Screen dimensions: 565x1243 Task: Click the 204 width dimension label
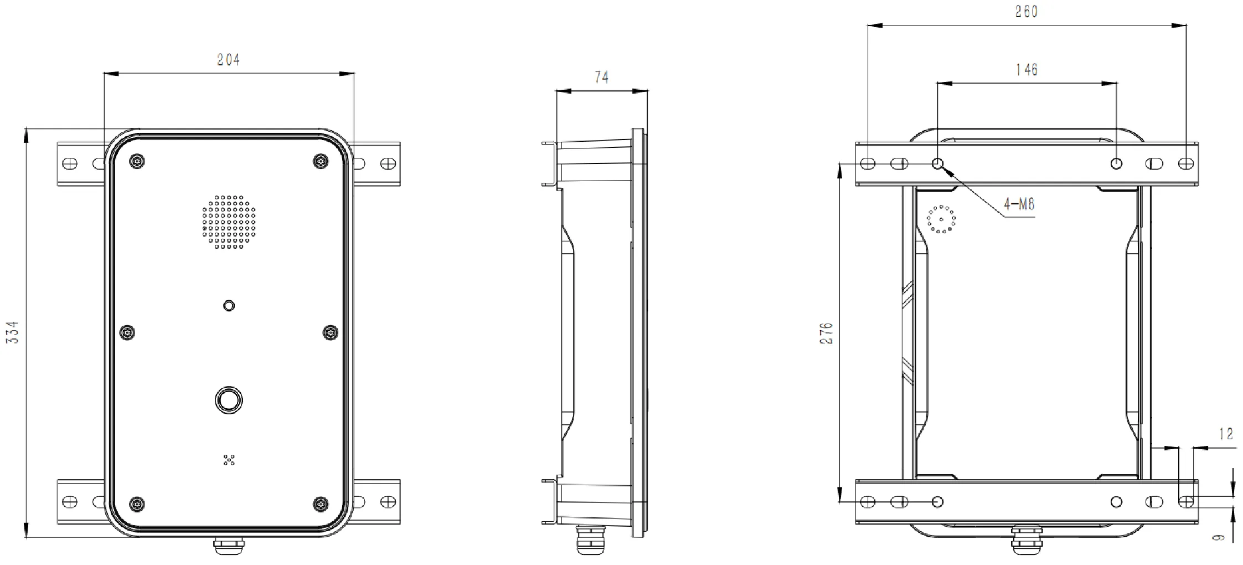[228, 60]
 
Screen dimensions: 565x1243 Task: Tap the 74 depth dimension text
[601, 78]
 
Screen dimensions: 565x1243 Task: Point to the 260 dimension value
[1026, 12]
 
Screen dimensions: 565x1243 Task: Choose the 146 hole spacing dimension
[1026, 70]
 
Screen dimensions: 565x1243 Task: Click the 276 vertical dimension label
[826, 333]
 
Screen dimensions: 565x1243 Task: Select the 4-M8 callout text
[1019, 204]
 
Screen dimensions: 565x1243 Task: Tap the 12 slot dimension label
[1226, 434]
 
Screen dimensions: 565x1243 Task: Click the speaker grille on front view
[229, 222]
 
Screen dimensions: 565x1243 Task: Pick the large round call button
[229, 400]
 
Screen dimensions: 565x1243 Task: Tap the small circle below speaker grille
[229, 306]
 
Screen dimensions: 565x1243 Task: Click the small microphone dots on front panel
[229, 459]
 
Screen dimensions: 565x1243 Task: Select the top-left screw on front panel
[137, 161]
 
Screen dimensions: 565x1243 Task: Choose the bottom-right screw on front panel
[321, 504]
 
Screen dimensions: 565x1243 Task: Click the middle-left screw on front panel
[128, 332]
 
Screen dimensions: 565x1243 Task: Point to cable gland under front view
[229, 545]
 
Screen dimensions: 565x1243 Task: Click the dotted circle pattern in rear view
[941, 219]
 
